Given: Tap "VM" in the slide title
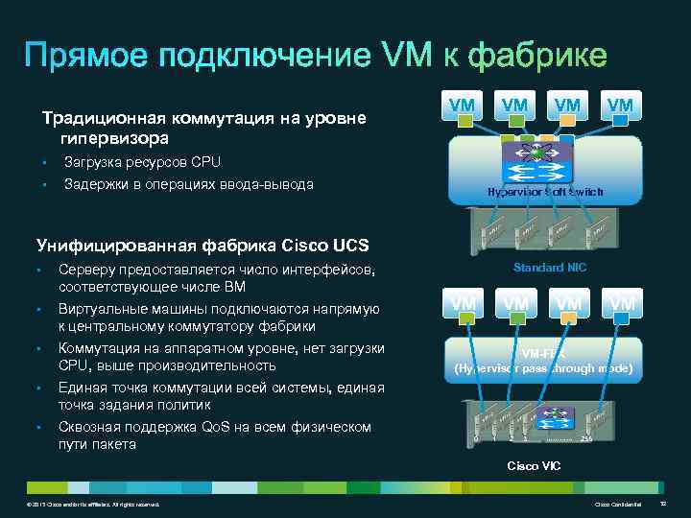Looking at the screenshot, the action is [406, 56].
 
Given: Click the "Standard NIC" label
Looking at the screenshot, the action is [550, 268].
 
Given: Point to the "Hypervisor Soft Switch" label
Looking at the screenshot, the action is [545, 192].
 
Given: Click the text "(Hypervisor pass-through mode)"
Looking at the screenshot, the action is [543, 367].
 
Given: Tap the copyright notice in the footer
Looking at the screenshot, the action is [95, 504].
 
